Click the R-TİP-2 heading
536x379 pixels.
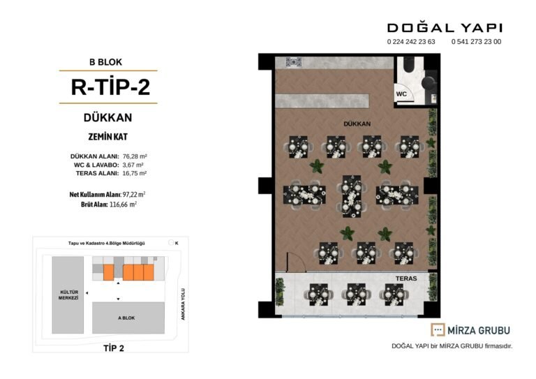(x=110, y=87)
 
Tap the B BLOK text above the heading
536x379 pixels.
(x=105, y=62)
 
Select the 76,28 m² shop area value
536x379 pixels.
(x=135, y=156)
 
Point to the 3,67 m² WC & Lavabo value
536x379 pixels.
(x=133, y=165)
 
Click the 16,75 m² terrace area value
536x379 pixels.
(x=134, y=173)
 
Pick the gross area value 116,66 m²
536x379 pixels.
(x=123, y=205)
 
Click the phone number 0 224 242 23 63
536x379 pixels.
(x=411, y=42)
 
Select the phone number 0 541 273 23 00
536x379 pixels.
(x=476, y=42)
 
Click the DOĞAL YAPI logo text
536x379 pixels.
(x=445, y=28)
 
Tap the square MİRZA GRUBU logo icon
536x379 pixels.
(x=438, y=329)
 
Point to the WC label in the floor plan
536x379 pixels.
(x=401, y=94)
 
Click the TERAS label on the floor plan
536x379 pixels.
(x=406, y=278)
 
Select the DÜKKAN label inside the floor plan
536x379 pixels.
(x=357, y=124)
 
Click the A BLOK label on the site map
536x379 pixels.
(x=126, y=318)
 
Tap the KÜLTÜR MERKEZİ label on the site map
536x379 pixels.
(x=68, y=295)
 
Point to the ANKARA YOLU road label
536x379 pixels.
(x=183, y=304)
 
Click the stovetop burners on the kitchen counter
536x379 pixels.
(x=294, y=62)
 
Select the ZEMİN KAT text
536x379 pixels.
(x=108, y=137)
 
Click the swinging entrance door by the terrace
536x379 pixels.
(x=296, y=262)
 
